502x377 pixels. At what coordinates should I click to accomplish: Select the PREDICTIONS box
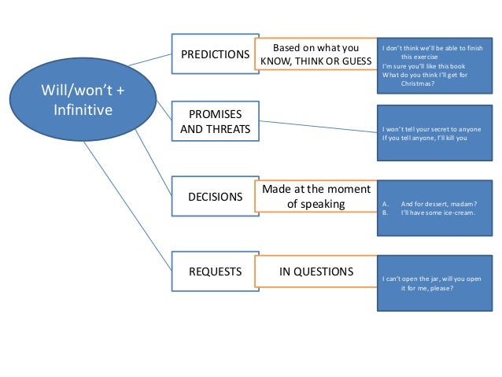coord(215,55)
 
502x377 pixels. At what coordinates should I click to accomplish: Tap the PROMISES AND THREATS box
coord(215,121)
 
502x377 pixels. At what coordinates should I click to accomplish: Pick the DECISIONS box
coord(215,197)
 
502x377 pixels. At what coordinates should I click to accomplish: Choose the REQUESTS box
coord(215,272)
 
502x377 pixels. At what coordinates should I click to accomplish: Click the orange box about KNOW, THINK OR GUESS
coord(317,53)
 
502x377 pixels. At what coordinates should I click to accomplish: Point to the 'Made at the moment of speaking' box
coord(316,196)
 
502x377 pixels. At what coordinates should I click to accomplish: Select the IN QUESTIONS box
coord(316,272)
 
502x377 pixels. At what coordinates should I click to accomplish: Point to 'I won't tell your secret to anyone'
coord(430,128)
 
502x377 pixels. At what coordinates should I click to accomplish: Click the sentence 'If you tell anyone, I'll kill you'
coord(424,138)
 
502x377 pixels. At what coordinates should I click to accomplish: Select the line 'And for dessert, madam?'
coord(435,204)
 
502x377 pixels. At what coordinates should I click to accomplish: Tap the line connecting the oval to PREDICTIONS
coord(149,59)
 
